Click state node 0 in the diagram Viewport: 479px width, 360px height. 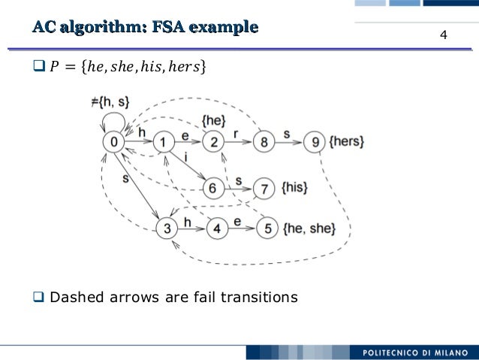pyautogui.click(x=113, y=142)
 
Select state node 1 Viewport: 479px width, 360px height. pyautogui.click(x=164, y=142)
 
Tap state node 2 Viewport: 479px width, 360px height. pyautogui.click(x=214, y=142)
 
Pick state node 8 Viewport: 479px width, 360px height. pyautogui.click(x=264, y=142)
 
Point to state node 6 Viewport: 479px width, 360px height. pyautogui.click(x=213, y=189)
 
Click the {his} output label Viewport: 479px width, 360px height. pyautogui.click(x=294, y=189)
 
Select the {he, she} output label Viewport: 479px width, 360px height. pyautogui.click(x=309, y=227)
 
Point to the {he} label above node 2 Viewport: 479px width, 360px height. pyautogui.click(x=214, y=120)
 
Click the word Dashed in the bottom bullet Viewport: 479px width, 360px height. pyautogui.click(x=78, y=298)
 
